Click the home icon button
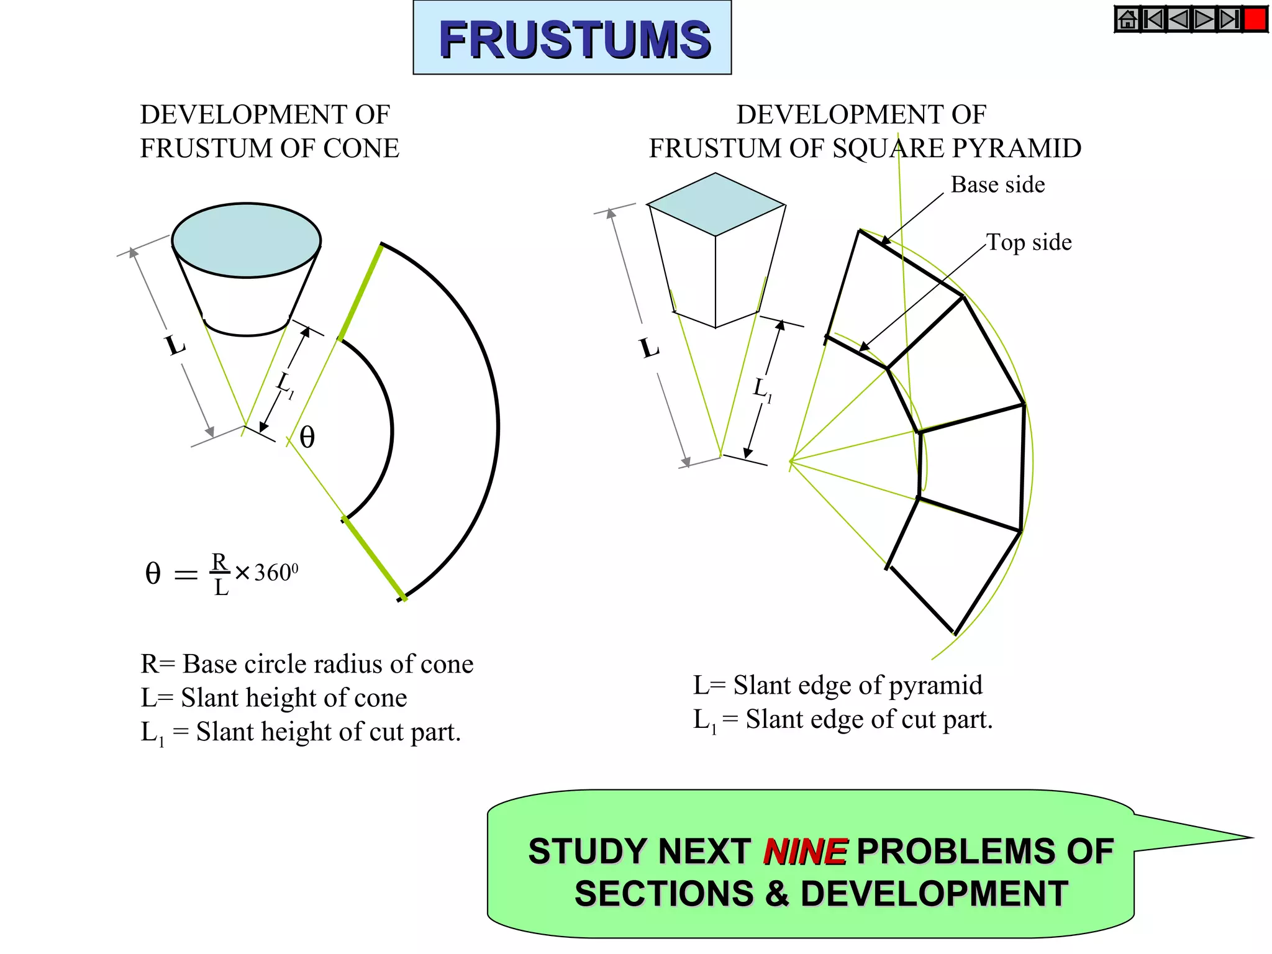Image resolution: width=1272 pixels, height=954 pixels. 1127,19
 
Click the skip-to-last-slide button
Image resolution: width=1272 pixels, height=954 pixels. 1230,19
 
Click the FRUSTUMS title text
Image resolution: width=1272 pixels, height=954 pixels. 574,39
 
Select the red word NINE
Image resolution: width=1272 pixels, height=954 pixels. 805,852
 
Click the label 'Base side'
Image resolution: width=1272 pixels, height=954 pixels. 997,185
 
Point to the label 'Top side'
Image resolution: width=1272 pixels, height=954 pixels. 1029,242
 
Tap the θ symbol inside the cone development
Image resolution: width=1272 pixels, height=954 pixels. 307,437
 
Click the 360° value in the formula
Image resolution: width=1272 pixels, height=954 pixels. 275,573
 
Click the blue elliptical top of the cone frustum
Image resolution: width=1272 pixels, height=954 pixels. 247,239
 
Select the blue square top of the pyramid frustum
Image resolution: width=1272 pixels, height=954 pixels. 715,204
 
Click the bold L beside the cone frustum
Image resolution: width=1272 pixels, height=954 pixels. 175,345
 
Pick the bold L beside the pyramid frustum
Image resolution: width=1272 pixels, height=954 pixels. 650,348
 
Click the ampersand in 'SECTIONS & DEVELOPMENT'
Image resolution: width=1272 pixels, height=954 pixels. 777,894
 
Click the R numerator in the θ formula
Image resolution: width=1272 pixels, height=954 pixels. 220,561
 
